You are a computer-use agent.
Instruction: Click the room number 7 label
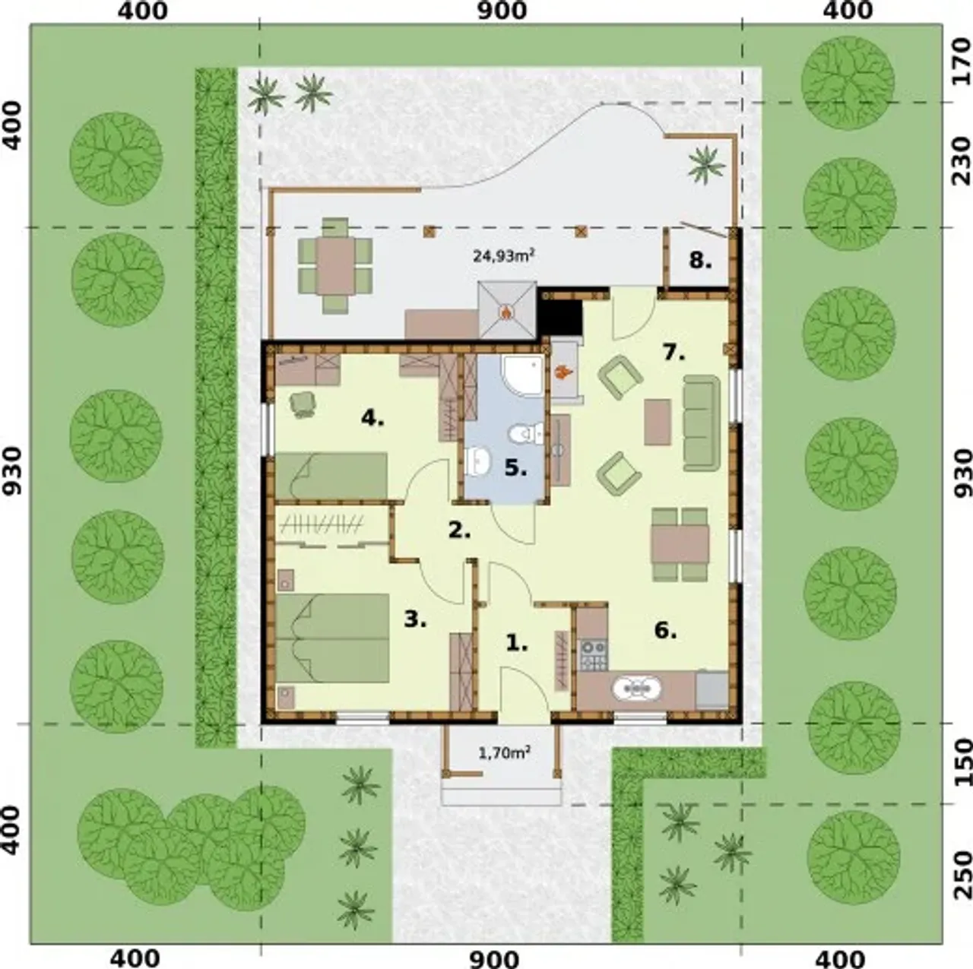(674, 353)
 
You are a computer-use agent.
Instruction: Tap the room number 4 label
(372, 418)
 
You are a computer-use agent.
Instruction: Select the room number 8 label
(700, 261)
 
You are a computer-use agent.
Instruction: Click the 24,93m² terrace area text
(503, 256)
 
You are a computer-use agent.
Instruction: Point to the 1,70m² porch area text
(504, 753)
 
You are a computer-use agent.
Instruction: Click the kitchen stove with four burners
(593, 655)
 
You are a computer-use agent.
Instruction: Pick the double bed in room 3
(331, 638)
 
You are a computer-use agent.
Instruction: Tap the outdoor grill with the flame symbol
(506, 309)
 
